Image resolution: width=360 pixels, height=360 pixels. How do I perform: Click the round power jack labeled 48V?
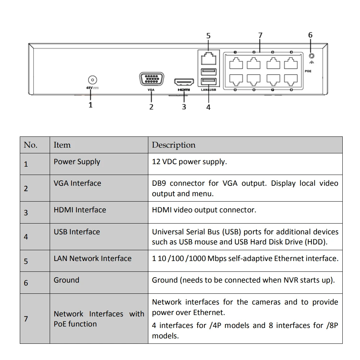coord(93,80)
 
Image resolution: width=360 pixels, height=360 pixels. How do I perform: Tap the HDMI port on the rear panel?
coord(184,82)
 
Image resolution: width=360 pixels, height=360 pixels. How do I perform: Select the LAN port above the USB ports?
coord(208,58)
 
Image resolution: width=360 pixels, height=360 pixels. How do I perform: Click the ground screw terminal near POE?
coord(311,56)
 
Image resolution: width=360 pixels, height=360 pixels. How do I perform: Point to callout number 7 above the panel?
coord(260,35)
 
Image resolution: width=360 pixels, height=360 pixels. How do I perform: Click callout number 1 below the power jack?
coord(90,105)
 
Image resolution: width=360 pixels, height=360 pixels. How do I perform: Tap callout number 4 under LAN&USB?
coord(208,107)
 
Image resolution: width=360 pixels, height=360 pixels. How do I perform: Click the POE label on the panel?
coord(308,71)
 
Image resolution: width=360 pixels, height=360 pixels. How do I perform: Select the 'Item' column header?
coord(62,145)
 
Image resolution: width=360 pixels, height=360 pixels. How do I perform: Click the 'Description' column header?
coord(174,145)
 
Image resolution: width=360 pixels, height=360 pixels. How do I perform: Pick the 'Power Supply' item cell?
coord(77,162)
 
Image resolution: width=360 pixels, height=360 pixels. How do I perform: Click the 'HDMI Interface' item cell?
coord(80,210)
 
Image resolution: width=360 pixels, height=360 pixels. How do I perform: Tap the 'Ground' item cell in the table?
coord(66,280)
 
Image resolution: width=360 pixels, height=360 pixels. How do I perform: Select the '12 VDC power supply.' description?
coord(189,162)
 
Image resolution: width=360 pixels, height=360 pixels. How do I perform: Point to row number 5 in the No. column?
coord(26,261)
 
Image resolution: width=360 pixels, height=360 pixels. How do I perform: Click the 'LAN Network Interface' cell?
coord(93,258)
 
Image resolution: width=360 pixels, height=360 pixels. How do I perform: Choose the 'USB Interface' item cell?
coord(77,232)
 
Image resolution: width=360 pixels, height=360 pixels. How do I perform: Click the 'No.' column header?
coord(31,145)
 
